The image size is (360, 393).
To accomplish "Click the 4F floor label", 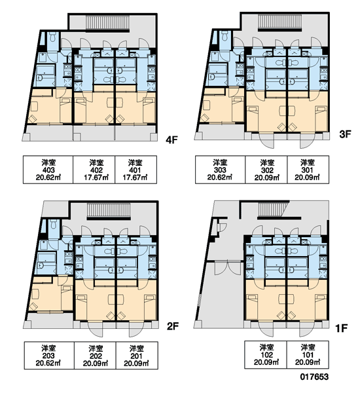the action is [x=172, y=140].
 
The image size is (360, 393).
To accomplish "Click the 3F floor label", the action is [x=345, y=134].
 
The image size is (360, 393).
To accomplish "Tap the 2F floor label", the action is [x=173, y=326].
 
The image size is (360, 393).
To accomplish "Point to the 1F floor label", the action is [x=341, y=328].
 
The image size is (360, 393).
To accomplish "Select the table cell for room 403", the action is [x=48, y=170].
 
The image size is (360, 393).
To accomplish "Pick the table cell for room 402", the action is [x=94, y=170].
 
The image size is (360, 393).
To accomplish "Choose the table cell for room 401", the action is [x=136, y=170].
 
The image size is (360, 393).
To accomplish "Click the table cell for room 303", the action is [x=220, y=170].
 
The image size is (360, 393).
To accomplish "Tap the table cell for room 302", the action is [x=266, y=170].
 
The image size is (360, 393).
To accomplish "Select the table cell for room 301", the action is [x=308, y=170].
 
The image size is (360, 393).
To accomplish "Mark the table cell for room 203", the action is [x=49, y=355].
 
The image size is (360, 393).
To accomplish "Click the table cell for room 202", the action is [x=95, y=355].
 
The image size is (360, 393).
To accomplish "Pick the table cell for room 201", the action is [x=137, y=355].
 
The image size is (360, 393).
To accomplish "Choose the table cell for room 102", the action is [x=266, y=354].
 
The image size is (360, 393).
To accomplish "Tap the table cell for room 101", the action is [x=308, y=354].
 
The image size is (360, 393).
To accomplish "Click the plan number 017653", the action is [x=314, y=377].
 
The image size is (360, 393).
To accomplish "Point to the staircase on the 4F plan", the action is [x=108, y=22].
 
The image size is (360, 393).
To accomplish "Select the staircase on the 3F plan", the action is [x=279, y=22].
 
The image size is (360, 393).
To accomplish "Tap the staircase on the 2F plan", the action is [x=109, y=210].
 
